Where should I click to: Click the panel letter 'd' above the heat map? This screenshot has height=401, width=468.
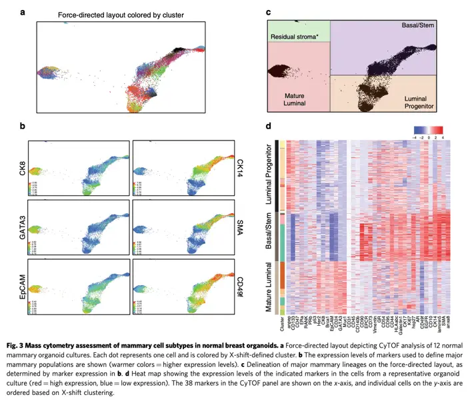pos(268,125)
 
